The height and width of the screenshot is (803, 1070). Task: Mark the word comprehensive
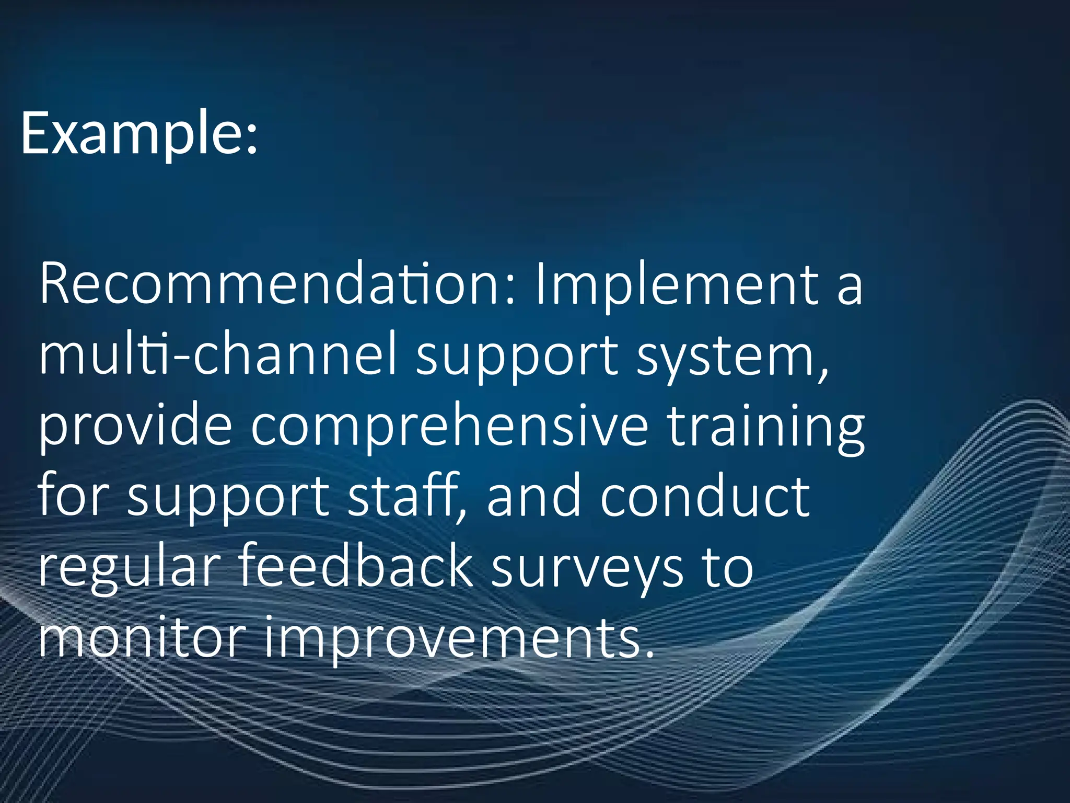(450, 426)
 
